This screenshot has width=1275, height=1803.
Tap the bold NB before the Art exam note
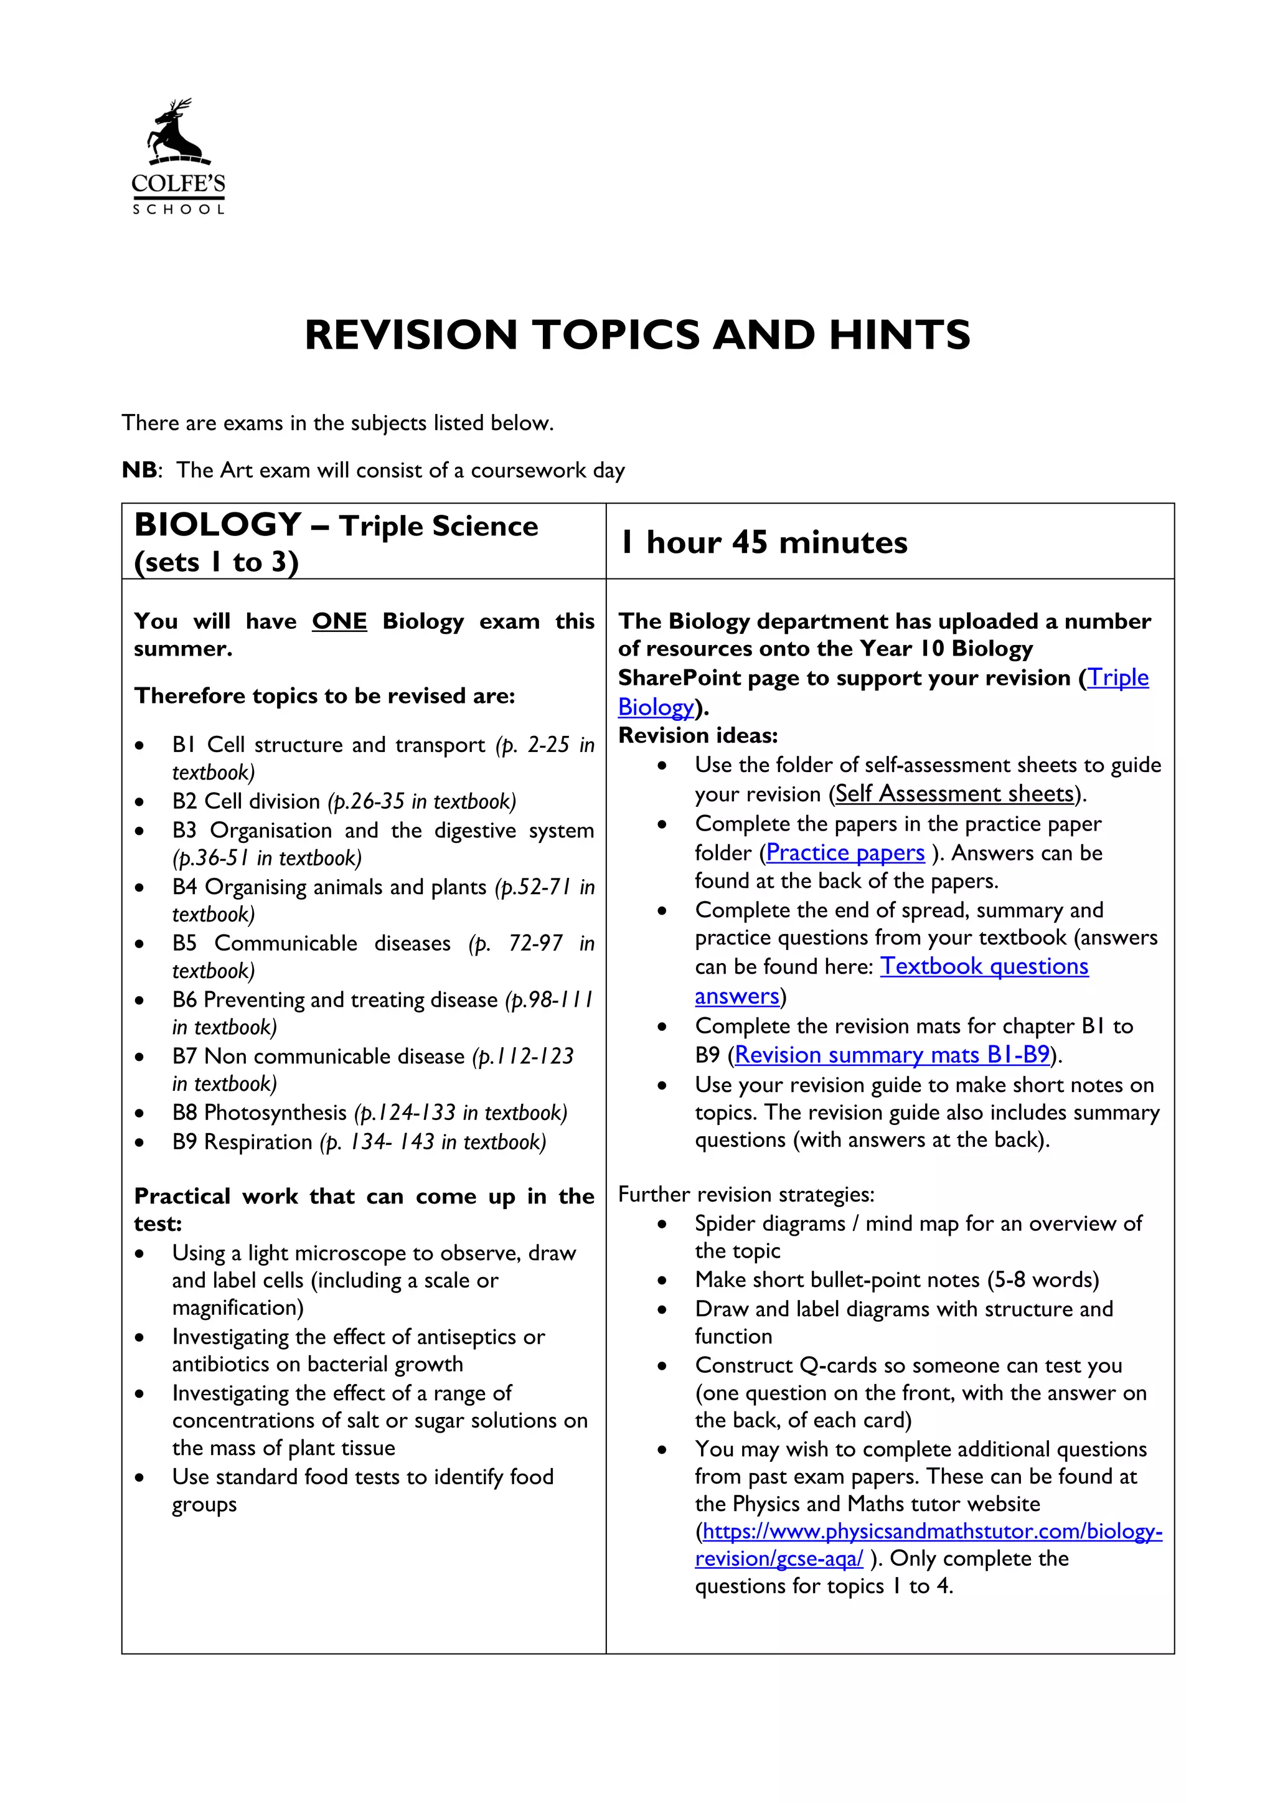pyautogui.click(x=139, y=471)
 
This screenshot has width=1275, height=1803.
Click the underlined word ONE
pyautogui.click(x=339, y=621)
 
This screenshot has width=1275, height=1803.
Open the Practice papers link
pyautogui.click(x=845, y=853)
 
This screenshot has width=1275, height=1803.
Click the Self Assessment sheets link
pyautogui.click(x=954, y=794)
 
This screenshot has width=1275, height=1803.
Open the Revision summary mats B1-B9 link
pyautogui.click(x=892, y=1055)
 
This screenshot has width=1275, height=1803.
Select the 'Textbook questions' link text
pyautogui.click(x=984, y=966)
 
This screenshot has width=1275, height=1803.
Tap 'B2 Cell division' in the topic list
pyautogui.click(x=246, y=802)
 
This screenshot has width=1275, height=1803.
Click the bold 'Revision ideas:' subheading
pyautogui.click(x=698, y=736)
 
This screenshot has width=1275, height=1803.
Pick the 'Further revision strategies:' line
pyautogui.click(x=746, y=1194)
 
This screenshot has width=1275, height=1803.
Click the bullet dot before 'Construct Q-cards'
pyautogui.click(x=662, y=1365)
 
